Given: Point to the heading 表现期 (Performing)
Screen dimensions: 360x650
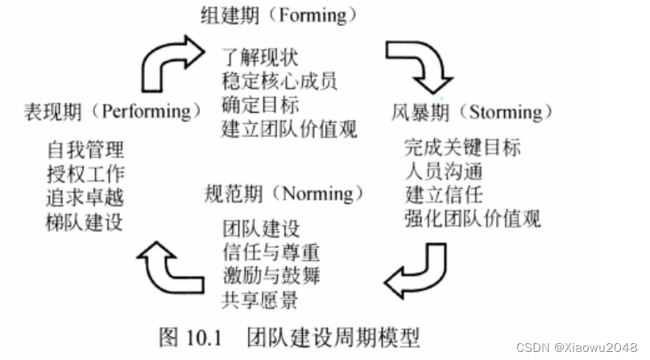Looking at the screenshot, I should (112, 110).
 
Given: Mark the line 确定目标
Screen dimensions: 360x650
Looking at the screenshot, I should (259, 105).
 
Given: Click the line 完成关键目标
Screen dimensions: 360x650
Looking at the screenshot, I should (463, 148).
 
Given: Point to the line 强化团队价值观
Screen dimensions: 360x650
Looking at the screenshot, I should (473, 217).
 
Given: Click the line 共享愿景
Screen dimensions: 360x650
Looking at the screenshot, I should (259, 300).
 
